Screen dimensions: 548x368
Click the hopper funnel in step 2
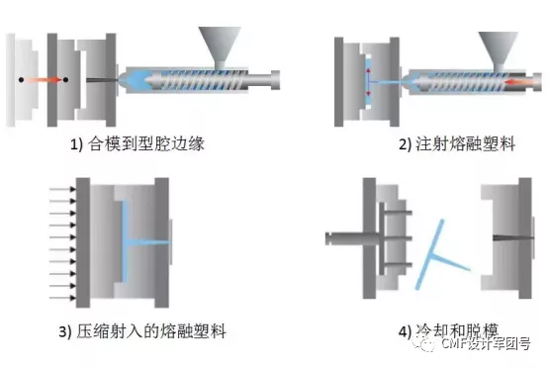[498, 48]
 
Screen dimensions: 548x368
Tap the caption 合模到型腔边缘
[145, 143]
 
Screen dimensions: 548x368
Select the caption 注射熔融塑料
[465, 143]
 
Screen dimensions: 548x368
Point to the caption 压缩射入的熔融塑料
[151, 331]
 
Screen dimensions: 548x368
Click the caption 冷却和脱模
[457, 330]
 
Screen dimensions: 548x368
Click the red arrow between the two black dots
[44, 80]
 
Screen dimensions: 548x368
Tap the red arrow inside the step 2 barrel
[519, 82]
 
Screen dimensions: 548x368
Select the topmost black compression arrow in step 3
[63, 189]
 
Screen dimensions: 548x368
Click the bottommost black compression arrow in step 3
[63, 298]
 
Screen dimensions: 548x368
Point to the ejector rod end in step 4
[329, 238]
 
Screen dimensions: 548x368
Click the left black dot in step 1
[21, 80]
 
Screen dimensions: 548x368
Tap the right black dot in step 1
[65, 80]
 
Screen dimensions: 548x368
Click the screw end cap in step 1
[275, 80]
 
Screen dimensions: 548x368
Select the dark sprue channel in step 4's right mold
[513, 238]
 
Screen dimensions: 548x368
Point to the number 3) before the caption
[65, 331]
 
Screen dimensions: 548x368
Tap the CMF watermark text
[486, 343]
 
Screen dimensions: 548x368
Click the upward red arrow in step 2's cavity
[368, 74]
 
